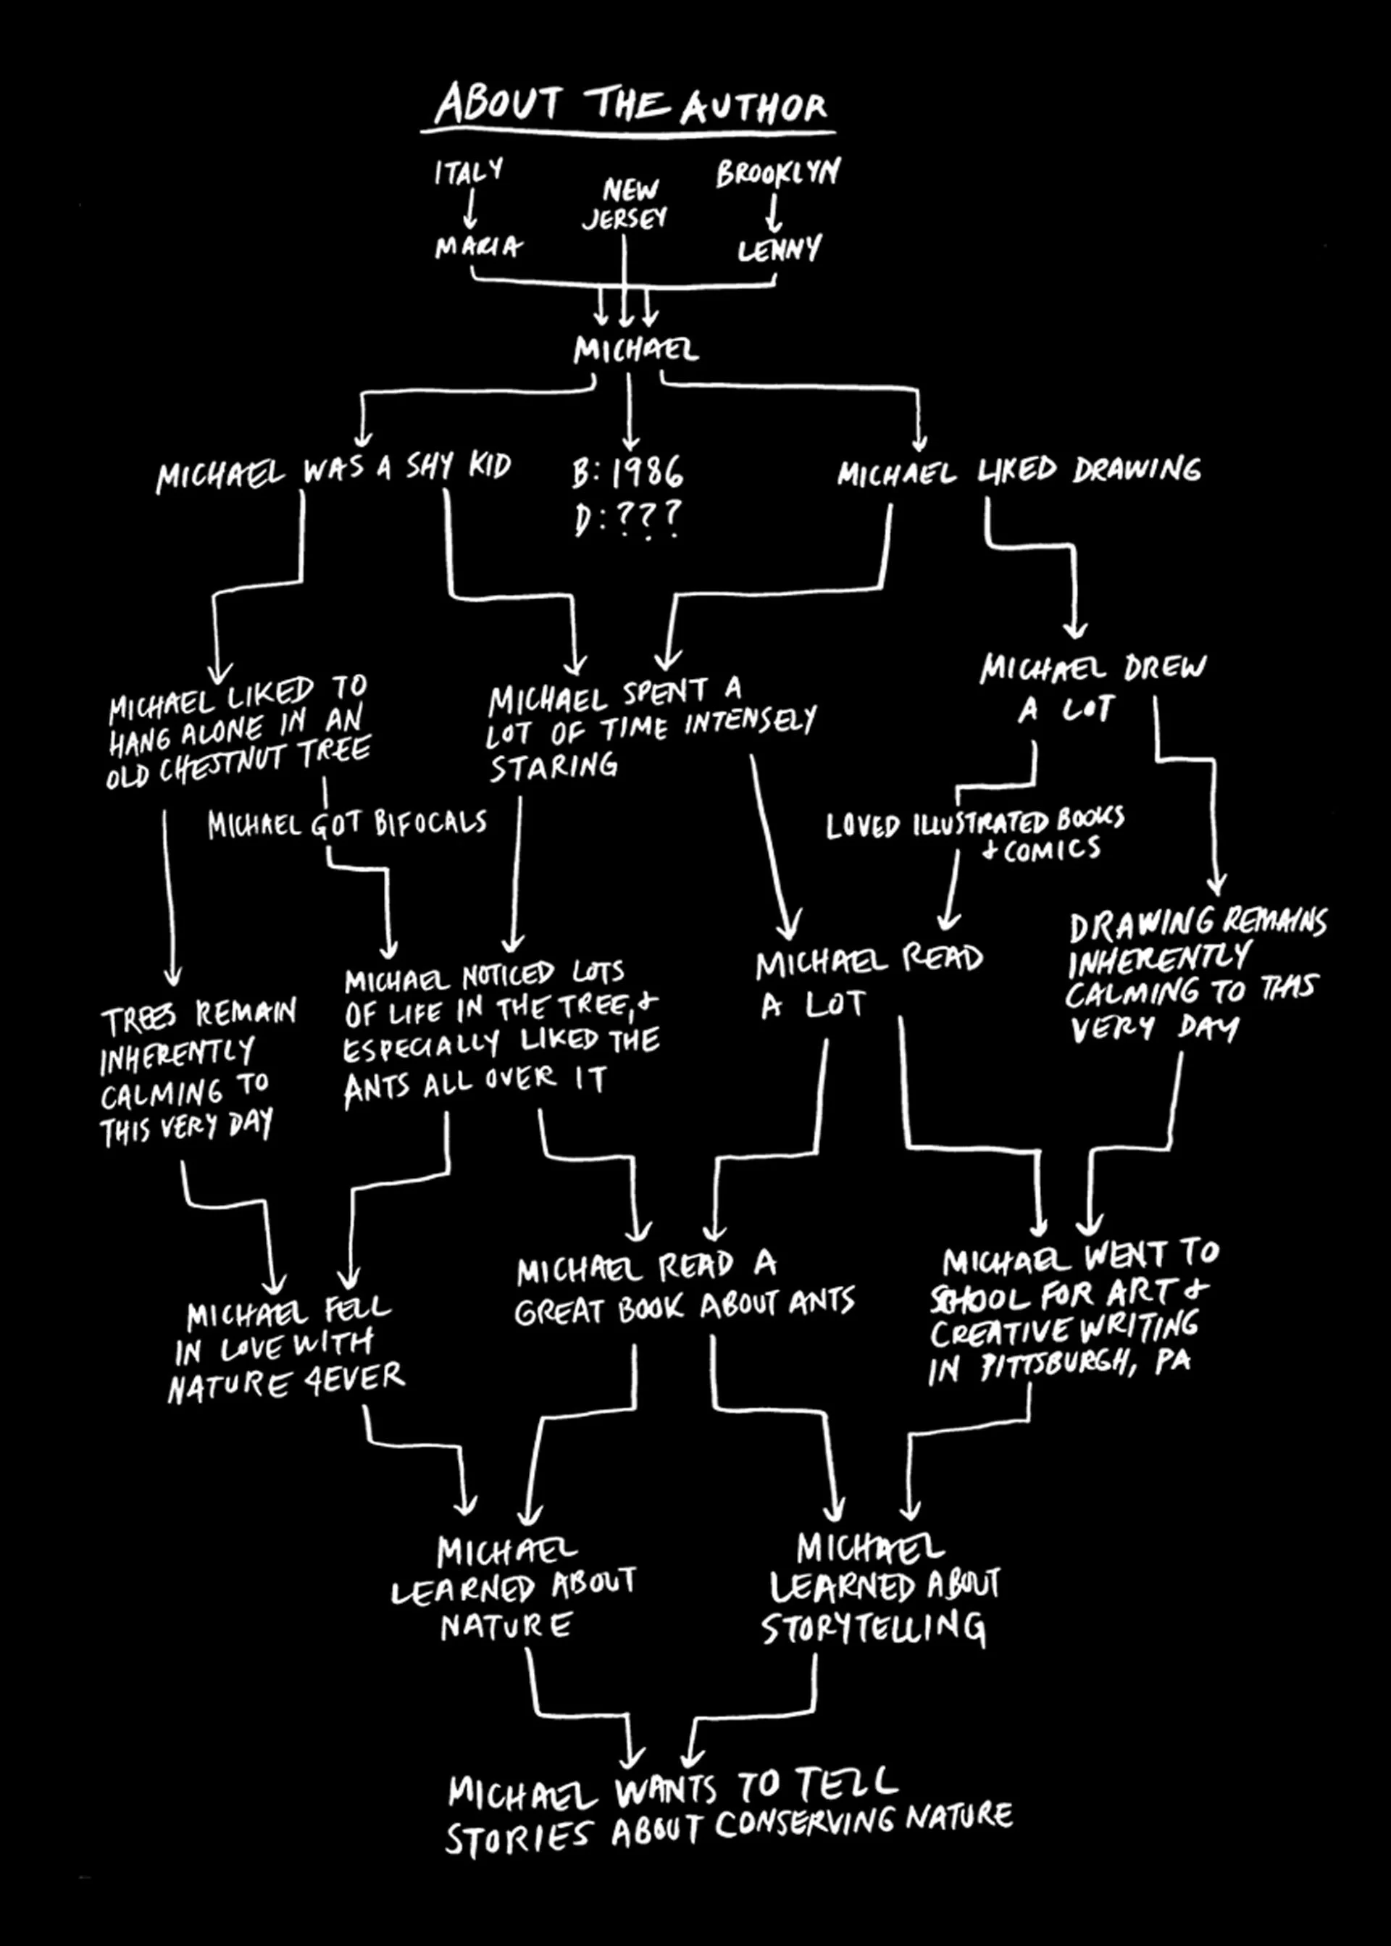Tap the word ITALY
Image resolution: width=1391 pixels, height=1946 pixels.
[x=468, y=171]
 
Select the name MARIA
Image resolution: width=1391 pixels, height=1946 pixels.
[x=478, y=248]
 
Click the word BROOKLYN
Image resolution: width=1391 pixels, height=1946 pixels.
[x=777, y=172]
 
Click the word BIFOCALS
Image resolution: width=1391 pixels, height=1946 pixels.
[x=430, y=823]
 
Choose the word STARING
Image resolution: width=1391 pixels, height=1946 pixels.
[x=554, y=766]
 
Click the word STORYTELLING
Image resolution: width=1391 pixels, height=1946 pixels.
[x=874, y=1627]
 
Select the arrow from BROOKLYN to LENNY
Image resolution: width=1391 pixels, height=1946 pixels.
[x=774, y=213]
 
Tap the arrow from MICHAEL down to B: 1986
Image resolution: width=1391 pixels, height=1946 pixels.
[x=630, y=411]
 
